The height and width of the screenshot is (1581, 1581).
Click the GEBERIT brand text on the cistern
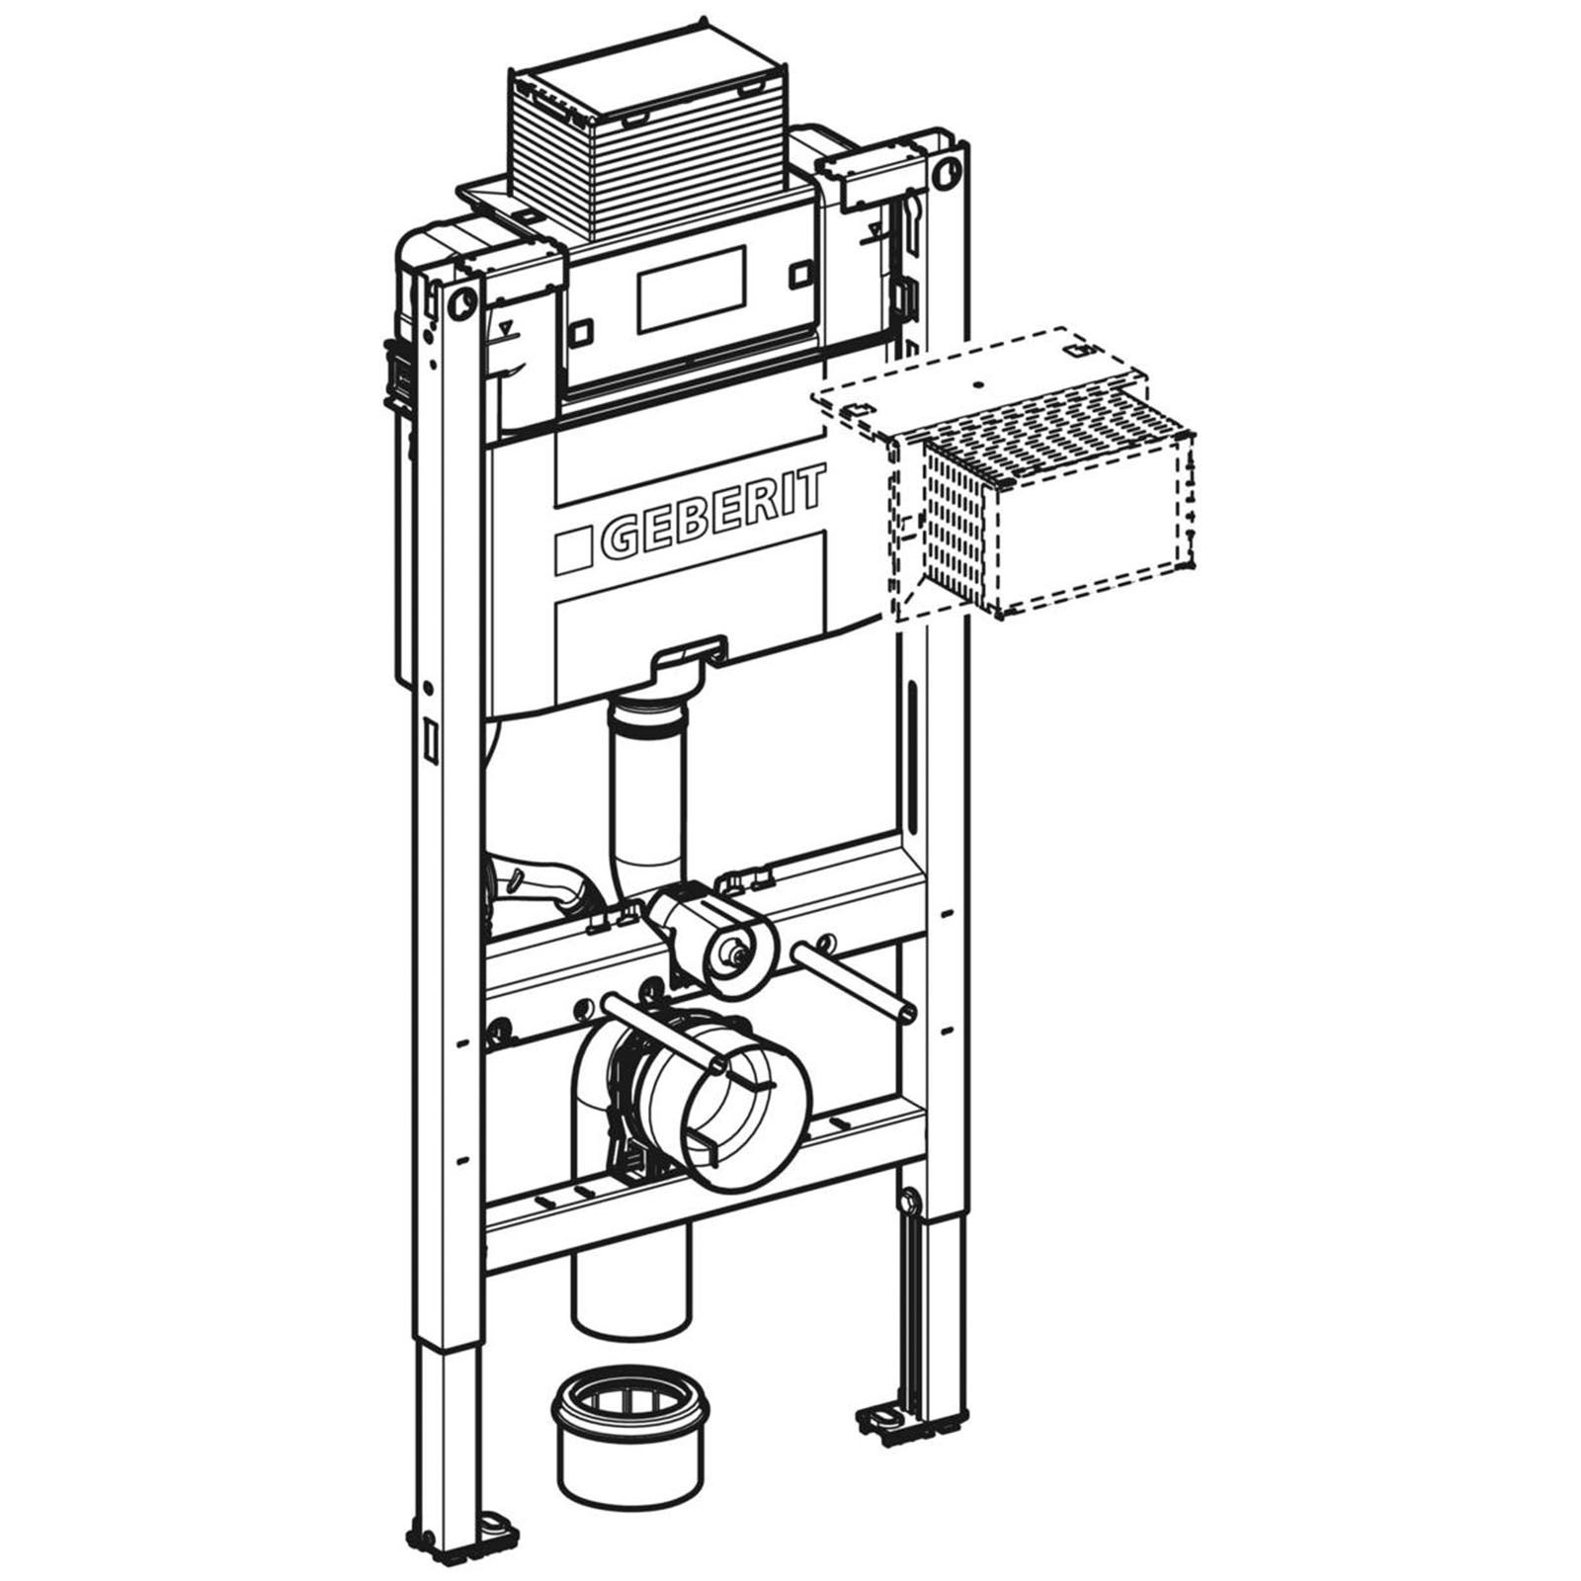(x=710, y=516)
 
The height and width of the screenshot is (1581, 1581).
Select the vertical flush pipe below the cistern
(x=647, y=790)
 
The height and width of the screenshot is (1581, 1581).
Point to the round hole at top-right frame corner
(x=947, y=169)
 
